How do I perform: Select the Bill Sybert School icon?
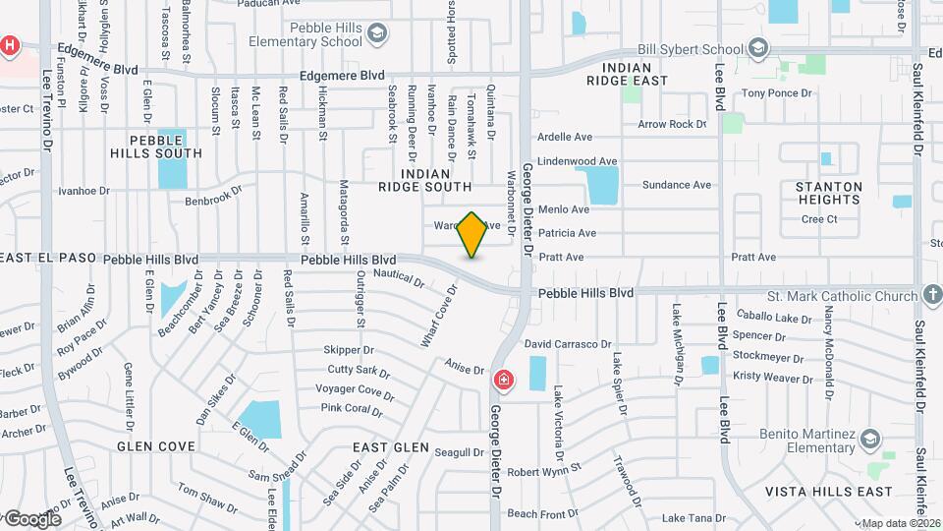[758, 48]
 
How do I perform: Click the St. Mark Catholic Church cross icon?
[931, 295]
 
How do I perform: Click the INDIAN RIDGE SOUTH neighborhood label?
[424, 180]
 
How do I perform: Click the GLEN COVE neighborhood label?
[156, 446]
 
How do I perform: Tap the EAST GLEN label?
[391, 447]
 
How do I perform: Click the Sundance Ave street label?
[676, 185]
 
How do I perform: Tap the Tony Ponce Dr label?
[778, 93]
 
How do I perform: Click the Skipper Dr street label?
[349, 349]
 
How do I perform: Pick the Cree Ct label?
[819, 219]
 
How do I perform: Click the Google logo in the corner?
[31, 518]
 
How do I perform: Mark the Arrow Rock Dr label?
[672, 125]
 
